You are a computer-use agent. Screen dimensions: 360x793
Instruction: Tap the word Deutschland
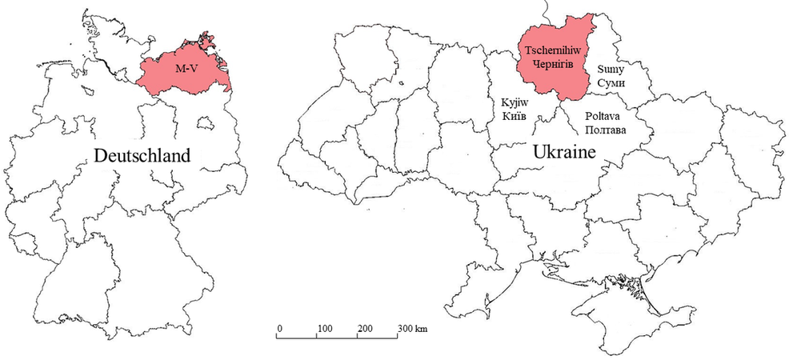click(x=142, y=155)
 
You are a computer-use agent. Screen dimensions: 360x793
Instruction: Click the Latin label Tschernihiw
click(x=548, y=50)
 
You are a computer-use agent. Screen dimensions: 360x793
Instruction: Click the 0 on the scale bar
click(x=279, y=329)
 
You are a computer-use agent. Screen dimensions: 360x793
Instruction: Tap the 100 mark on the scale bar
click(x=325, y=329)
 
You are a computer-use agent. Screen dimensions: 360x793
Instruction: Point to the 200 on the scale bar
click(x=365, y=329)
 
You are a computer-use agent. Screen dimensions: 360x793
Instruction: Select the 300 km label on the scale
click(x=412, y=329)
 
